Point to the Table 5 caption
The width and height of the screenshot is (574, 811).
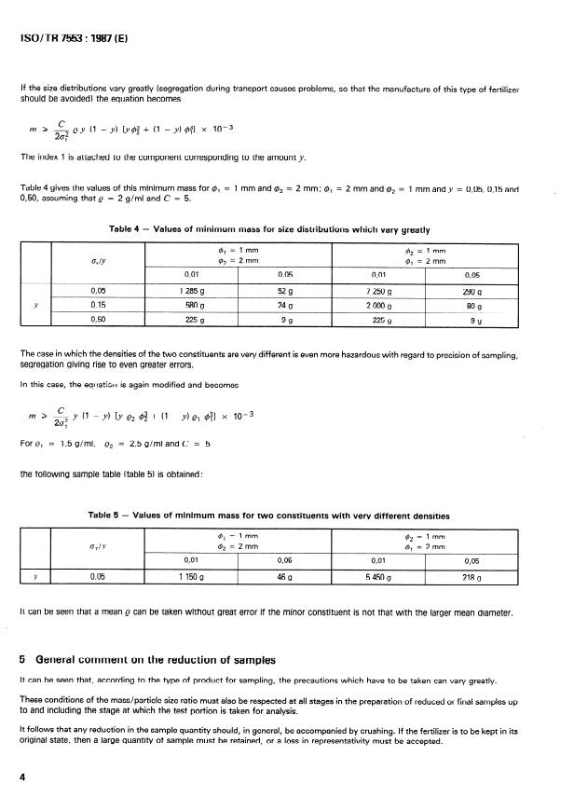(281, 515)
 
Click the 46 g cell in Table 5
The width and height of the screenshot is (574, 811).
(285, 577)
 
